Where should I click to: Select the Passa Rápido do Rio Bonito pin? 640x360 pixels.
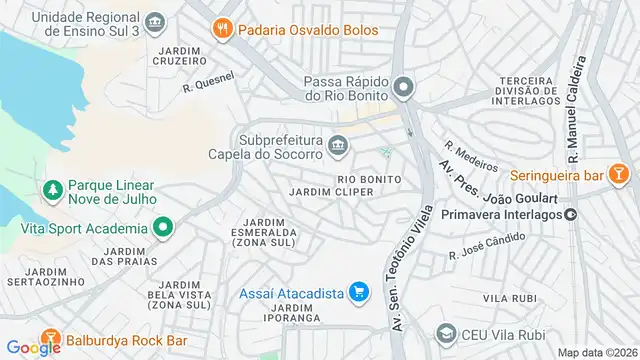tap(402, 88)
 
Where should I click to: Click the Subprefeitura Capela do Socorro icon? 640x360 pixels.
tap(338, 147)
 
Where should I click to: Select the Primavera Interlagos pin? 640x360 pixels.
tap(570, 212)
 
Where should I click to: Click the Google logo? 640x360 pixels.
tap(34, 347)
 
